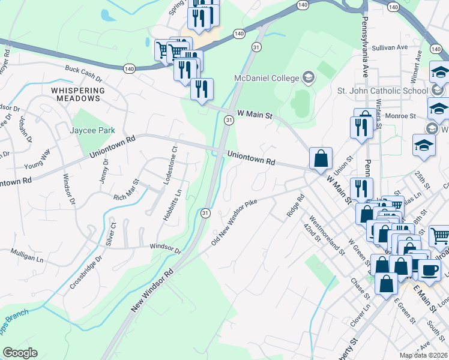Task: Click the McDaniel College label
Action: [x=267, y=78]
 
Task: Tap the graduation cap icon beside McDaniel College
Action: [x=309, y=77]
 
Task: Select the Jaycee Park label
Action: [x=92, y=130]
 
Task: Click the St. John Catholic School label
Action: [x=381, y=91]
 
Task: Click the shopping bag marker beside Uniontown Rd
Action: [x=321, y=159]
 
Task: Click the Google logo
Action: [x=20, y=353]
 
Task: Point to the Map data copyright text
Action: [x=424, y=355]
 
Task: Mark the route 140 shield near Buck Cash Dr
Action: [x=129, y=69]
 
